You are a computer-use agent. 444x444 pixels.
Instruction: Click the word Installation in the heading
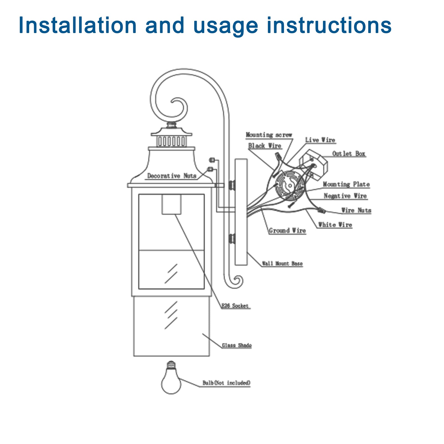pos(77,26)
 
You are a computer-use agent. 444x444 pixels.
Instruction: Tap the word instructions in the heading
pos(329,26)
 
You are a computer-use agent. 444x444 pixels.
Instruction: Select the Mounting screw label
pos(269,135)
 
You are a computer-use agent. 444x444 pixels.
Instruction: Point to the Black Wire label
pos(264,146)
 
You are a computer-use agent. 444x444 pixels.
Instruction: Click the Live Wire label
pos(320,140)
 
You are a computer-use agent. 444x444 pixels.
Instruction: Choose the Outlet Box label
pos(349,154)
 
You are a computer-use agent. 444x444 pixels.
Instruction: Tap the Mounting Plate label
pos(346,185)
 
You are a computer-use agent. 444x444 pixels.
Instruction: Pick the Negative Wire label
pos(345,196)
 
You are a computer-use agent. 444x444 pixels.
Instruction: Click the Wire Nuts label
pos(356,210)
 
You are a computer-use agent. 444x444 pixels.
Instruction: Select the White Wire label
pos(335,225)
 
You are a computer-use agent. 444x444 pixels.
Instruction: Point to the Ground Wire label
pos(287,231)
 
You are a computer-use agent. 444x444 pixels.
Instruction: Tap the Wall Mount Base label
pos(282,264)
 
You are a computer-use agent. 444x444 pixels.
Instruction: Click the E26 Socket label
pos(235,306)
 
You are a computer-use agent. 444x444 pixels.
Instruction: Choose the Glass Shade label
pos(237,345)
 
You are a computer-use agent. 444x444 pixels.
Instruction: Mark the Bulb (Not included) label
pos(226,383)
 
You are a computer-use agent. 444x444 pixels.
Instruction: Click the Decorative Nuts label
pos(171,176)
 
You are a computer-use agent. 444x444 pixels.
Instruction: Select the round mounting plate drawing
pos(289,185)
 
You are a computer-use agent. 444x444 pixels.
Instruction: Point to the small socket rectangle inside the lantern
pos(171,204)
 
